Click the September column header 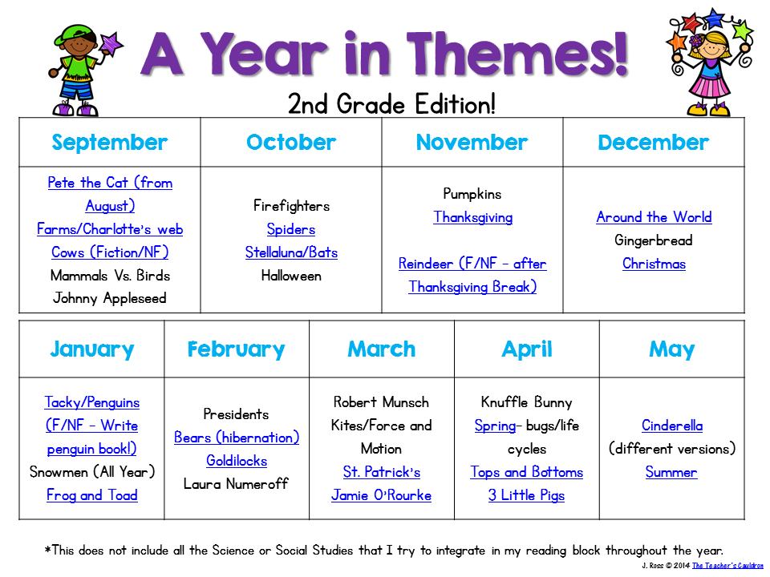coord(110,143)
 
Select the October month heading coord(291,143)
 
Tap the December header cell coord(653,143)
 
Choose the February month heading coord(236,349)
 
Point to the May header coord(672,349)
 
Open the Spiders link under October coord(291,229)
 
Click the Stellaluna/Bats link coord(291,252)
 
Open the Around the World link coord(654,217)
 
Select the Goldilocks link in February coord(237,460)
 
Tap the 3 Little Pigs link coord(526,495)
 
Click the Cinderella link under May coord(672,426)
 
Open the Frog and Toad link coord(91,495)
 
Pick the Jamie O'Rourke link coord(381,495)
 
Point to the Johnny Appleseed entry coord(110,298)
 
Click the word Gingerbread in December coord(654,240)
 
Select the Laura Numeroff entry coord(236,484)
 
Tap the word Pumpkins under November coord(472,194)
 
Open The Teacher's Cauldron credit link coord(727,565)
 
